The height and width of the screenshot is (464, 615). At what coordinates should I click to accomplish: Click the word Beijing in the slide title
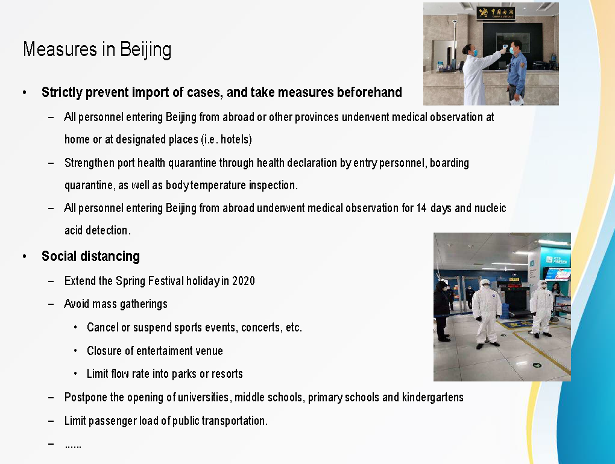[x=145, y=50]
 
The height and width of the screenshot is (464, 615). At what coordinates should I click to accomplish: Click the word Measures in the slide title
[x=60, y=49]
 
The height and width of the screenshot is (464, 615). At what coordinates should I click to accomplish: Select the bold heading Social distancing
[x=90, y=256]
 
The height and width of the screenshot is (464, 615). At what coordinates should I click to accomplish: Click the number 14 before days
[x=421, y=208]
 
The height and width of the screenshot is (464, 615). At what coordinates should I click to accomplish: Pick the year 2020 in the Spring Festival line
[x=244, y=281]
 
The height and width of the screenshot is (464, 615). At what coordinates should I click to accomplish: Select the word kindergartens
[x=433, y=397]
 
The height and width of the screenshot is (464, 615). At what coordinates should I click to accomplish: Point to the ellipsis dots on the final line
[x=73, y=446]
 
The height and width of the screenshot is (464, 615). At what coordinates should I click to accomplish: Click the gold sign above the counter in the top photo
[x=496, y=13]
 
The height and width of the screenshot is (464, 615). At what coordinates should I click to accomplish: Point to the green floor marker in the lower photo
[x=537, y=365]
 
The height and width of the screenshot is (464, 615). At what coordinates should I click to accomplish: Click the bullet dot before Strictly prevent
[x=25, y=93]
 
